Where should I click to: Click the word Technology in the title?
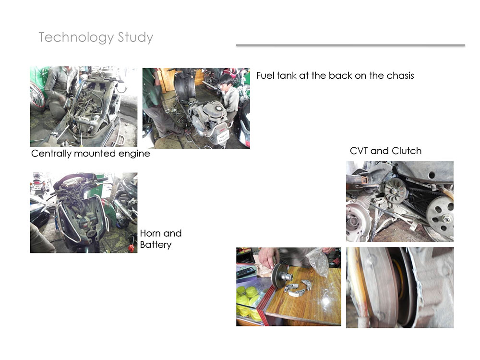click(76, 37)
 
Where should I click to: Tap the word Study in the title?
click(135, 37)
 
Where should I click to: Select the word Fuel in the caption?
click(265, 75)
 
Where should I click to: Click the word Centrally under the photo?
click(51, 154)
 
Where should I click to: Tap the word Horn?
click(149, 233)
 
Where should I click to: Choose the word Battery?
click(156, 245)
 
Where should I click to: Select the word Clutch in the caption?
click(407, 151)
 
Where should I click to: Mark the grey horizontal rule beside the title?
click(350, 45)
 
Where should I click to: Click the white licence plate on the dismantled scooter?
click(223, 136)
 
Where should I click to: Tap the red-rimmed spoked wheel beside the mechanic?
click(37, 96)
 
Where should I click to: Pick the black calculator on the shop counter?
click(246, 271)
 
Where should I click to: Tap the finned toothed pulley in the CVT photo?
click(396, 191)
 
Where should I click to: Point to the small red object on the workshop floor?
click(132, 247)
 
